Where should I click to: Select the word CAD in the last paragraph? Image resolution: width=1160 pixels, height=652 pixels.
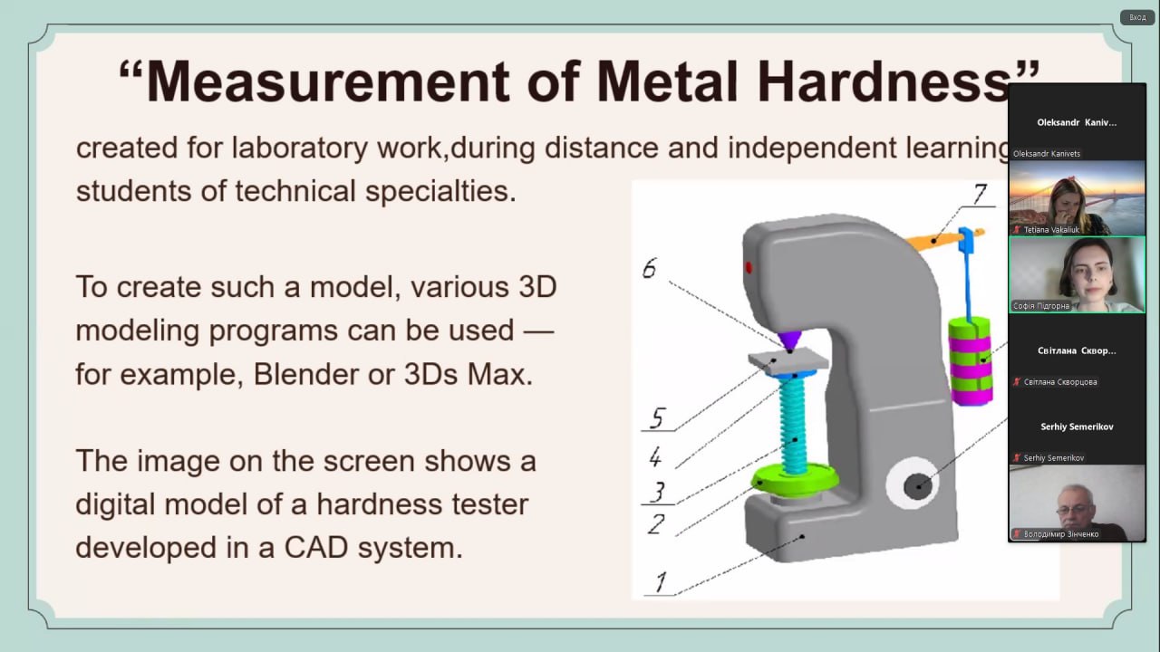[316, 548]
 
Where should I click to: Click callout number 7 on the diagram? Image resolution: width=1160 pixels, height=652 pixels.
[980, 194]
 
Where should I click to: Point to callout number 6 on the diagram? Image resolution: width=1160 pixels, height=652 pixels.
[649, 268]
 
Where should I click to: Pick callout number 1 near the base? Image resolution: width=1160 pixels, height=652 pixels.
[661, 582]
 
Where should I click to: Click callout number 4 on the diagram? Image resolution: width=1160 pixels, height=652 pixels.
[655, 457]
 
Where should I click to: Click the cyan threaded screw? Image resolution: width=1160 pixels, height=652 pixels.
[792, 425]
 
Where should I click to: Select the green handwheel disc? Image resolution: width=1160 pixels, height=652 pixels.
[795, 480]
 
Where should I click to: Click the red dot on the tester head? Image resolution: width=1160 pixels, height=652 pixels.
[749, 267]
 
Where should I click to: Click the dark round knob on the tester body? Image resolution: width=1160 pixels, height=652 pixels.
[918, 486]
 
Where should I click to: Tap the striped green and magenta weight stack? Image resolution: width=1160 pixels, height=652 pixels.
[971, 360]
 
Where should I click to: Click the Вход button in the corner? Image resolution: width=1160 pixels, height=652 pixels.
[1137, 17]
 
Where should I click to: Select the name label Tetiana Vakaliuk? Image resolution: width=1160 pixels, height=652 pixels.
[1051, 230]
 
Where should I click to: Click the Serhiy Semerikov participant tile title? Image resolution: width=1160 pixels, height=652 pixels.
[1077, 427]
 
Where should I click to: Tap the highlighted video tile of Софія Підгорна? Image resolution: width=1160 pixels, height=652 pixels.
[1078, 274]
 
